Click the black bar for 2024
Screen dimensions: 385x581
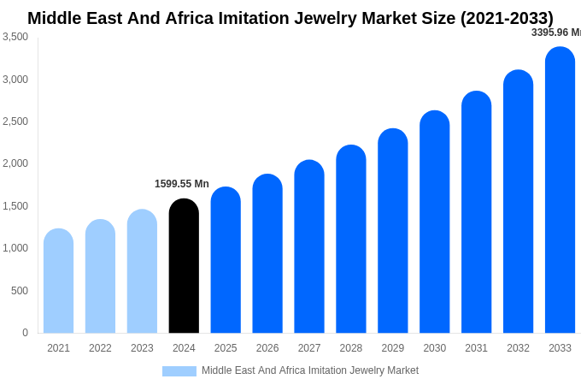[x=184, y=266]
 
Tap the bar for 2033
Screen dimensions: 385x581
[x=560, y=190]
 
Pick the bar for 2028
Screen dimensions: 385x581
[x=351, y=239]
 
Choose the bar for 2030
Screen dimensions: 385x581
[x=434, y=222]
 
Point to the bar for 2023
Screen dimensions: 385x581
[x=142, y=271]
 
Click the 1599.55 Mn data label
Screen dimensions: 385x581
[x=182, y=184]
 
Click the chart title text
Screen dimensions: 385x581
[x=290, y=18]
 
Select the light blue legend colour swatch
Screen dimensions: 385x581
[x=179, y=371]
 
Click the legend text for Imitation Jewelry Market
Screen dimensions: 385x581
[x=310, y=370]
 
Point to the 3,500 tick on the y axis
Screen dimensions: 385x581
[x=15, y=37]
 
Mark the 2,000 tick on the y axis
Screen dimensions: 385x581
[x=15, y=163]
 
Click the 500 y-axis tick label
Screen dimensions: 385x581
[x=20, y=291]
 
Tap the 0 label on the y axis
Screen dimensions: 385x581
[x=25, y=333]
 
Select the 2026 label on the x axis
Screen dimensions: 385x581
[x=267, y=348]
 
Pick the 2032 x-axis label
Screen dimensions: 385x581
[x=518, y=348]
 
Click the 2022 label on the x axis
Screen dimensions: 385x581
[x=100, y=348]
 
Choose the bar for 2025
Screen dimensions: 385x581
[x=226, y=260]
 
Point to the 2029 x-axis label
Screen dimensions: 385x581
[x=393, y=348]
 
